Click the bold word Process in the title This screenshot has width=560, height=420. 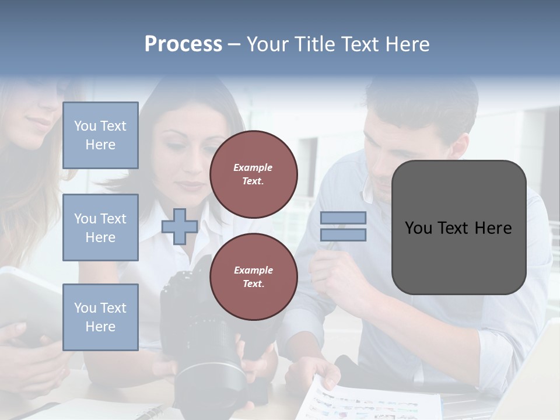[183, 44]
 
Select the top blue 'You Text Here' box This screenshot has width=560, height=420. [100, 135]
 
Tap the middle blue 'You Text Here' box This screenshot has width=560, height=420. [100, 228]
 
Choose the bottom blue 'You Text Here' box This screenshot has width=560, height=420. [100, 317]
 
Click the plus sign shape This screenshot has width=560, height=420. [180, 226]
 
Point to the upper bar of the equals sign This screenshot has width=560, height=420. [343, 218]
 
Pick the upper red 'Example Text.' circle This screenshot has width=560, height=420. [253, 174]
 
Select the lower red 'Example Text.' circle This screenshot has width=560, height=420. [253, 277]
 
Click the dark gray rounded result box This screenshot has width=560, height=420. [459, 228]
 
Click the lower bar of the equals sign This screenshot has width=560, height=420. [343, 235]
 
